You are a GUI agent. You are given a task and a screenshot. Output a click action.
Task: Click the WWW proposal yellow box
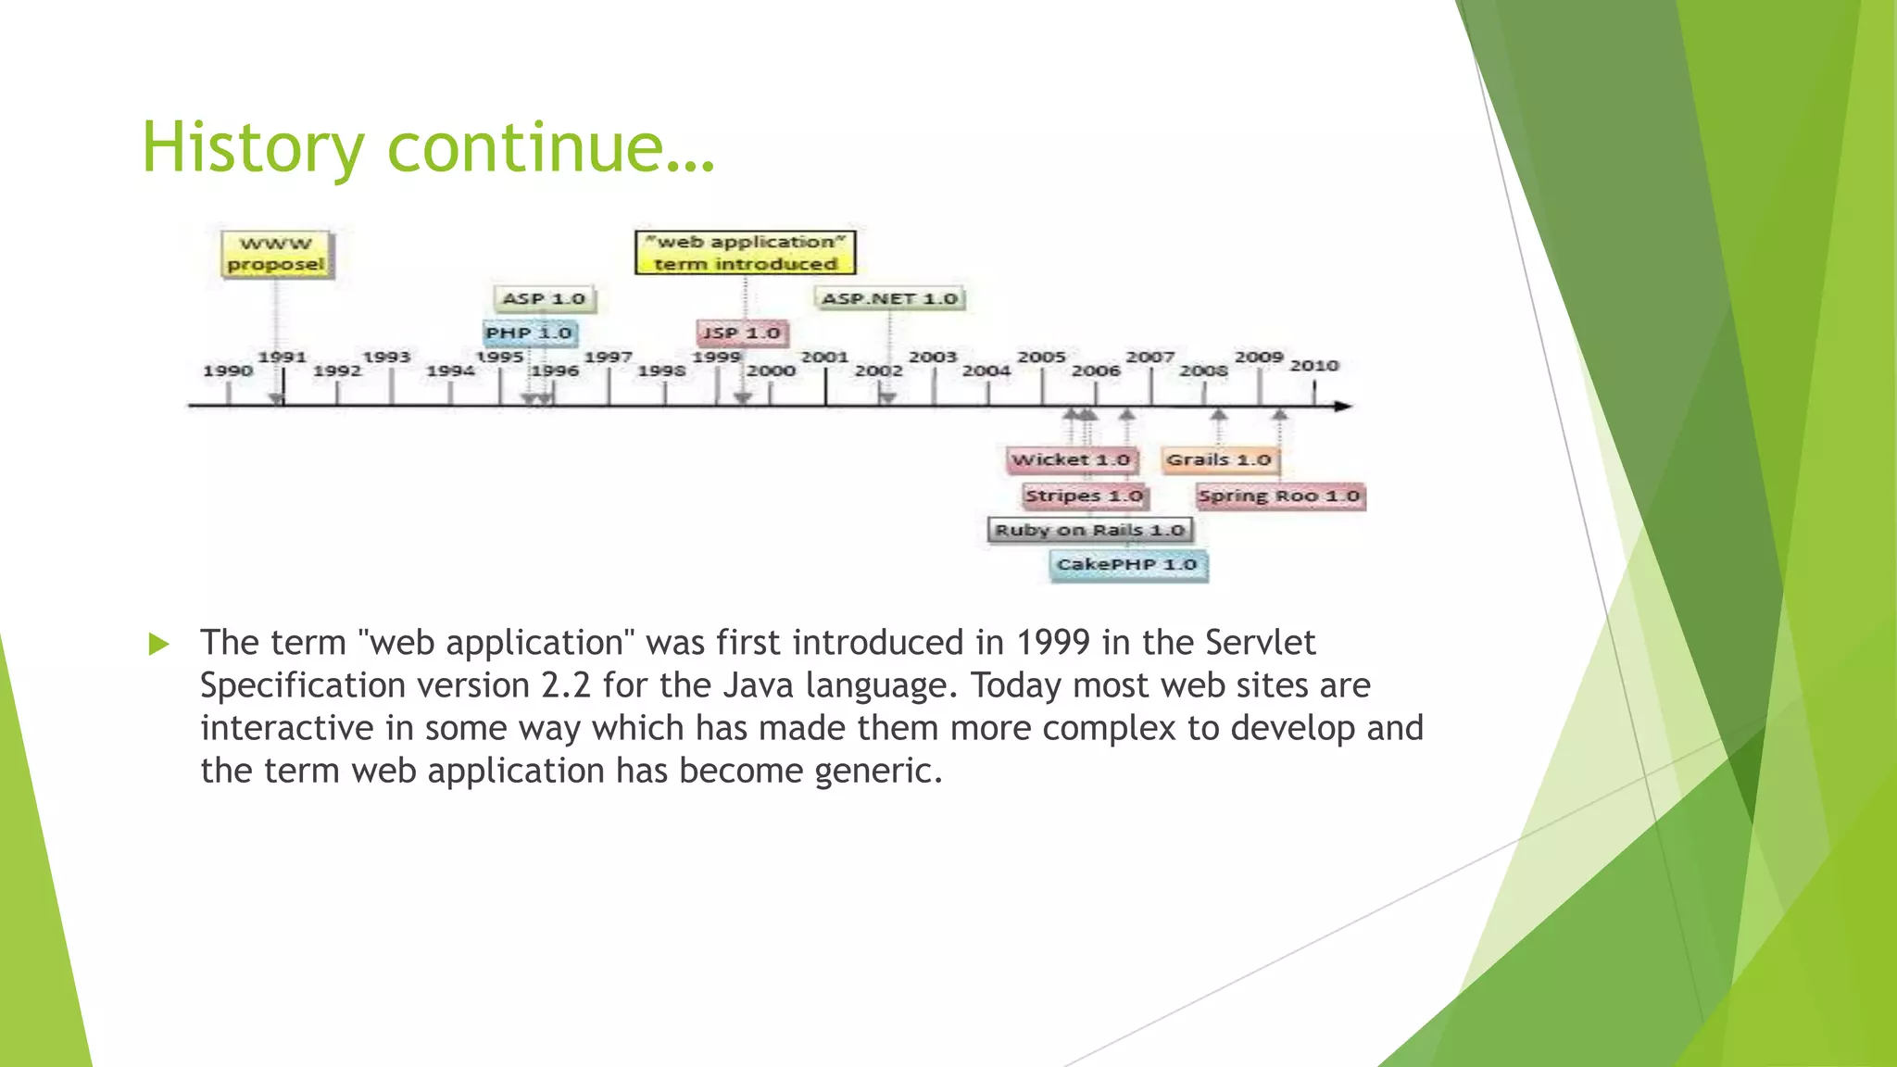(x=276, y=254)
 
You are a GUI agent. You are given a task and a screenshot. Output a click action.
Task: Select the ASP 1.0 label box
(x=544, y=299)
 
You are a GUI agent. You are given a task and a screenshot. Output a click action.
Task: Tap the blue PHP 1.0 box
(x=529, y=333)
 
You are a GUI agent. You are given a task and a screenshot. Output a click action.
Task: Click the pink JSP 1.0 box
(x=741, y=333)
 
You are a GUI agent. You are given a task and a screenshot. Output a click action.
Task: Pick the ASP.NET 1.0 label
(x=889, y=298)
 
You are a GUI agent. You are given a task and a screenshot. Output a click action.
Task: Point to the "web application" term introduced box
(x=745, y=253)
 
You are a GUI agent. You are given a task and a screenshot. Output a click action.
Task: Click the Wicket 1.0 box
(x=1071, y=459)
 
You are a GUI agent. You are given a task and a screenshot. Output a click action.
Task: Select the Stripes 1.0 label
(x=1084, y=496)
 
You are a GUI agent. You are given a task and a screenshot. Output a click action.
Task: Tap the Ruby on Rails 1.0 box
(x=1089, y=530)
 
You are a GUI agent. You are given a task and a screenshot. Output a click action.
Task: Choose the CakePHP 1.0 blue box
(x=1127, y=564)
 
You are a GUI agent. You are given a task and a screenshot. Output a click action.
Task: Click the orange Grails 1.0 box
(x=1219, y=459)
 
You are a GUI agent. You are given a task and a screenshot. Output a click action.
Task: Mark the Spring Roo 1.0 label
(x=1279, y=496)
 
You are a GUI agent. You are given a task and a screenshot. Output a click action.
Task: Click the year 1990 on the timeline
(x=228, y=370)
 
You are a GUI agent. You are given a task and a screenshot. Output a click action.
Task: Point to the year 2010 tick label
(x=1314, y=365)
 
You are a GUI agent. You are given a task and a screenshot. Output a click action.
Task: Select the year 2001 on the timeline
(x=824, y=357)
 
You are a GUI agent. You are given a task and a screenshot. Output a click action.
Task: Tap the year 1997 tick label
(x=608, y=357)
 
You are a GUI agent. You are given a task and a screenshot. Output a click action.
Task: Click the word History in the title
(x=253, y=147)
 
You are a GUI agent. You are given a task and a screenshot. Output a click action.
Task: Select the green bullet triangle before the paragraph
(x=159, y=644)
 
